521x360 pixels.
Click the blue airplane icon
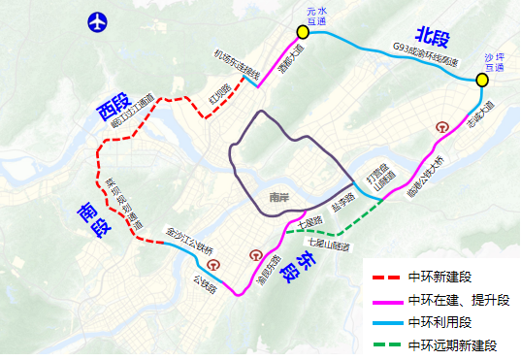[x=97, y=20]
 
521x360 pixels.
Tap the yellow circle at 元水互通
[x=303, y=31]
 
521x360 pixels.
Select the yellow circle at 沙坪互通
[x=482, y=80]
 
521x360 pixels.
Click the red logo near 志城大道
[x=442, y=126]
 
